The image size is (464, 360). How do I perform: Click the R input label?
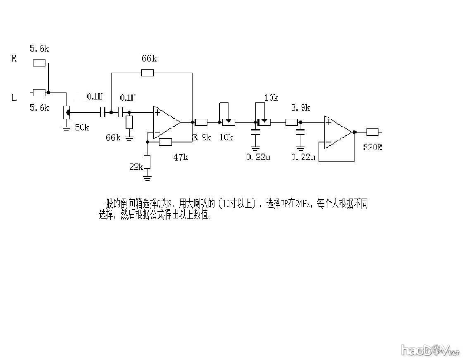click(x=14, y=59)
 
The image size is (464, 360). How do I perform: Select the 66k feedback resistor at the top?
click(x=148, y=73)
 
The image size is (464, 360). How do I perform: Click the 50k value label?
click(x=81, y=127)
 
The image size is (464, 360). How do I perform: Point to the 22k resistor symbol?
click(x=147, y=161)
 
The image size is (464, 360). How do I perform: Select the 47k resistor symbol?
click(x=165, y=142)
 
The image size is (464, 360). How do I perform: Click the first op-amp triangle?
click(x=166, y=122)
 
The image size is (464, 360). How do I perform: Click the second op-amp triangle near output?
click(x=338, y=132)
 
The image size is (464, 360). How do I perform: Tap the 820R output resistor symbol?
click(x=372, y=132)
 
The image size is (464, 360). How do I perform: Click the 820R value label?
click(x=372, y=147)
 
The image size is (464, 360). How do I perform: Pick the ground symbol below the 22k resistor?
click(x=147, y=178)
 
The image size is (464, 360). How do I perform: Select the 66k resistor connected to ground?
click(x=129, y=122)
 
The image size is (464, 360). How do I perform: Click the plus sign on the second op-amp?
click(x=328, y=121)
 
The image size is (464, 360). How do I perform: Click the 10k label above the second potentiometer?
click(x=271, y=98)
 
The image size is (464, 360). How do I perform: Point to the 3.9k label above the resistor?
click(x=300, y=108)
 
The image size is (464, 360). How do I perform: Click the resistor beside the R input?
click(x=39, y=63)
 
